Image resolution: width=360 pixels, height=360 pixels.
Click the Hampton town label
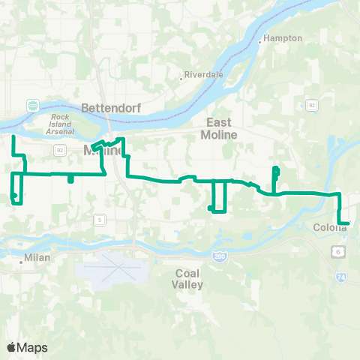284,38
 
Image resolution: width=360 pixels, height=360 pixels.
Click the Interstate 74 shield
340,277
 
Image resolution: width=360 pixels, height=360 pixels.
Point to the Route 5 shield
99,220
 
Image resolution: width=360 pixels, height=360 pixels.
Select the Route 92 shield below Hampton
311,106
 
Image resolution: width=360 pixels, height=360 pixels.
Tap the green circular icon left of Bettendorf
33,106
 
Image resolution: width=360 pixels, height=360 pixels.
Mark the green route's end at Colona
349,223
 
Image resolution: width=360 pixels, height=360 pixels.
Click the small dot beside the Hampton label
260,42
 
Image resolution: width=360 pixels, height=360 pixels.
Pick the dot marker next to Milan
21,262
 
